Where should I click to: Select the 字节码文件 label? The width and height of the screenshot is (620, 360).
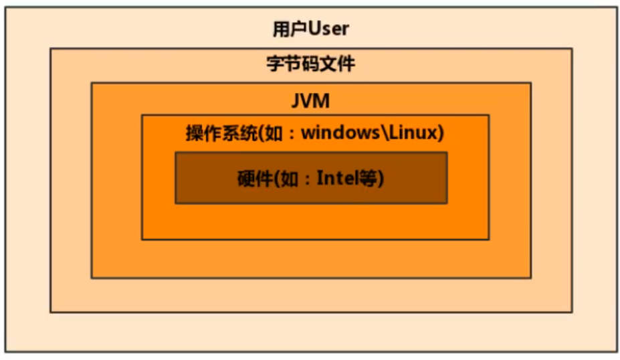pos(311,65)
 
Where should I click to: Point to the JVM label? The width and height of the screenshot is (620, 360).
pos(311,102)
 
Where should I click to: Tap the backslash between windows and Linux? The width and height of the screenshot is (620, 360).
pos(384,133)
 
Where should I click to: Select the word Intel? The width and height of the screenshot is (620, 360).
pos(338,179)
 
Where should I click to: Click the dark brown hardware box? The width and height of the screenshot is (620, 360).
pos(311,194)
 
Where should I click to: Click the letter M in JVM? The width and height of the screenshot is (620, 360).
pos(322,102)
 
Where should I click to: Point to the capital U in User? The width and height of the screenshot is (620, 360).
pos(315,29)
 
